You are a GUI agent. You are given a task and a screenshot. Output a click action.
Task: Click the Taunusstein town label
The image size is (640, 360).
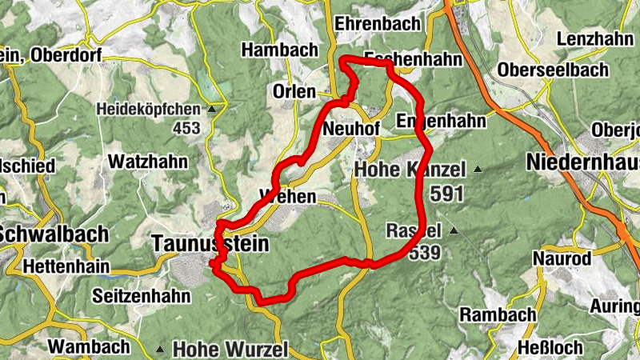(210, 242)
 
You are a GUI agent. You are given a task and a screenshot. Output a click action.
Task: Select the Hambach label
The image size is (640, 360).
(279, 50)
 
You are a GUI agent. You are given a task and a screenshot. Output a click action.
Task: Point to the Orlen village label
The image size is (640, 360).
(294, 91)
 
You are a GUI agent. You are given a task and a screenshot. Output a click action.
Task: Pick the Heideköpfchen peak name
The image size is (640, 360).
(149, 108)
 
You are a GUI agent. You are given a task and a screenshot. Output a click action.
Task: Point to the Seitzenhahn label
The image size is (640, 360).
(141, 296)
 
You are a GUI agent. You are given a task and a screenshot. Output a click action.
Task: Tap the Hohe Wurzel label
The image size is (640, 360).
(230, 349)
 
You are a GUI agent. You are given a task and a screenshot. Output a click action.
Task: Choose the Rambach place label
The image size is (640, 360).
(498, 314)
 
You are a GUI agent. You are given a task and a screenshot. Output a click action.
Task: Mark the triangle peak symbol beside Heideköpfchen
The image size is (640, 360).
(212, 109)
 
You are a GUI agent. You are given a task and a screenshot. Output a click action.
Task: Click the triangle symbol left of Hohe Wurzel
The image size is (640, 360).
(162, 349)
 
